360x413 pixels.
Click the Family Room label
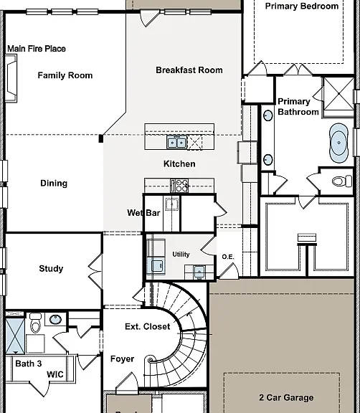click(65, 75)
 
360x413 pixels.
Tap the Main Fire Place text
click(37, 49)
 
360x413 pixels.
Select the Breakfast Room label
click(189, 70)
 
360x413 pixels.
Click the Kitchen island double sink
click(176, 143)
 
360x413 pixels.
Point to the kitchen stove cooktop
click(179, 186)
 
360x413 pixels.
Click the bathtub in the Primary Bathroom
click(338, 143)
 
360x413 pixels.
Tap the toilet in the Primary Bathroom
click(342, 181)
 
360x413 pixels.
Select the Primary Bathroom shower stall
click(338, 93)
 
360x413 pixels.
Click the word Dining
click(54, 184)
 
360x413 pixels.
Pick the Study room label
click(51, 269)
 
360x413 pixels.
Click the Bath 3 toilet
click(35, 323)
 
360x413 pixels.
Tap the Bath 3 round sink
click(55, 320)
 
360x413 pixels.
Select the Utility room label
click(181, 255)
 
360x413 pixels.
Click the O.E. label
click(228, 257)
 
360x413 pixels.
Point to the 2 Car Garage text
click(286, 397)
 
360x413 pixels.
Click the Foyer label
click(122, 359)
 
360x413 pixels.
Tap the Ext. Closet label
click(148, 327)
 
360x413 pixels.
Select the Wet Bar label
click(143, 213)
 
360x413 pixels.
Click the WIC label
click(55, 374)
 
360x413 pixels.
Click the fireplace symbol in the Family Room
click(11, 78)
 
